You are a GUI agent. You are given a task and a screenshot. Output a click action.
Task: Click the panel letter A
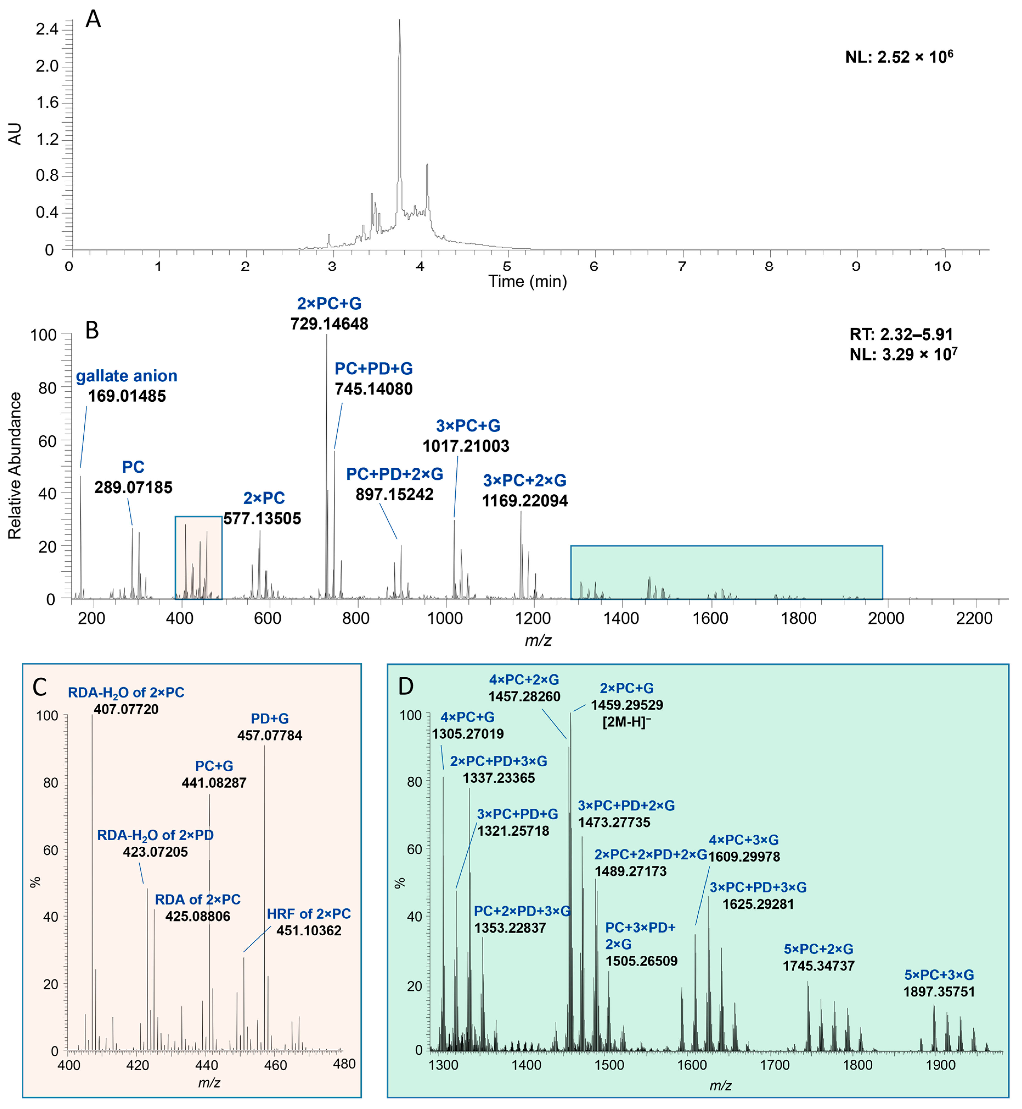coord(93,19)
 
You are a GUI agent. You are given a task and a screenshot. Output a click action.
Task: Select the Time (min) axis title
coord(527,282)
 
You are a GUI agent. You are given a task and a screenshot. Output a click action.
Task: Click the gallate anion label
coord(127,376)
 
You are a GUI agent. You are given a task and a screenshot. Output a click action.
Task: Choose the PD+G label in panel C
coord(270,719)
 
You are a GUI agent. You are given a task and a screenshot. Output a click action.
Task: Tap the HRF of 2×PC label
coord(309,914)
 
